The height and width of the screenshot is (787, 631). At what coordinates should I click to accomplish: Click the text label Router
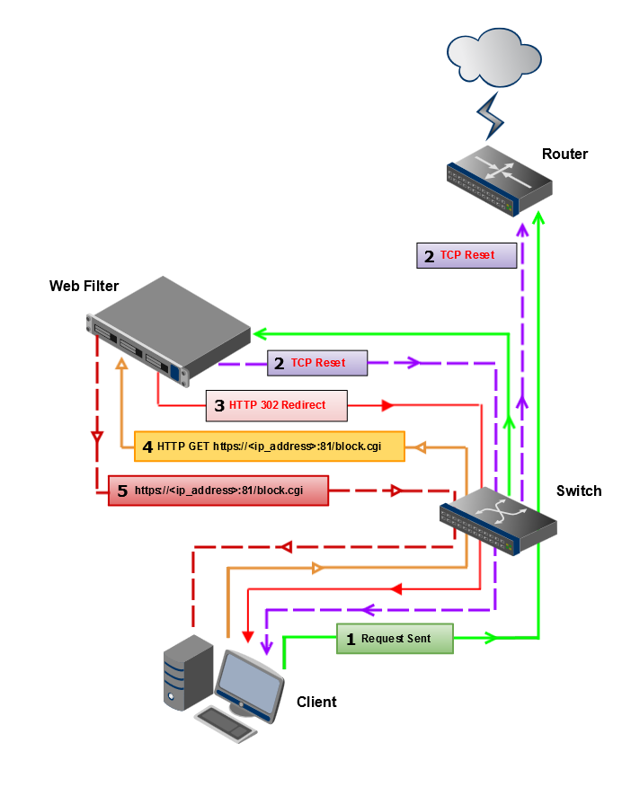(x=564, y=154)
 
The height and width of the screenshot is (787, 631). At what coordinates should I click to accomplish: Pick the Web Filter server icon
(x=169, y=327)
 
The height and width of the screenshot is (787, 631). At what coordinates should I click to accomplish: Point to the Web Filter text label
(x=84, y=286)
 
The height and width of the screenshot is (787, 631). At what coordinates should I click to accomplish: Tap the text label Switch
(x=579, y=491)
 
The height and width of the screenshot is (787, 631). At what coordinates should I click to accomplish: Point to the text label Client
(x=316, y=702)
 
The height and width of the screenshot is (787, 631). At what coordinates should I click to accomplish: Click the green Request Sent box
(x=395, y=639)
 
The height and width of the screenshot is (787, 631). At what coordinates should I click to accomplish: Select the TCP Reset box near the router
(x=468, y=255)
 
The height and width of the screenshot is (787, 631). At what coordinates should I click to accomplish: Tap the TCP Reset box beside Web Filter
(x=319, y=363)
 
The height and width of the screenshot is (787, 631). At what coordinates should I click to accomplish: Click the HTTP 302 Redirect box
(x=276, y=405)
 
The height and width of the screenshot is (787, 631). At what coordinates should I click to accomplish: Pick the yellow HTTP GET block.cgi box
(x=268, y=446)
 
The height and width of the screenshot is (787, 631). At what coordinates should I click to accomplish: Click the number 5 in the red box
(x=122, y=491)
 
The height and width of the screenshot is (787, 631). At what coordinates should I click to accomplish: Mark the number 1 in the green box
(x=351, y=640)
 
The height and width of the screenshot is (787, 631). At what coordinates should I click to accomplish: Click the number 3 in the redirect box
(x=218, y=406)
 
